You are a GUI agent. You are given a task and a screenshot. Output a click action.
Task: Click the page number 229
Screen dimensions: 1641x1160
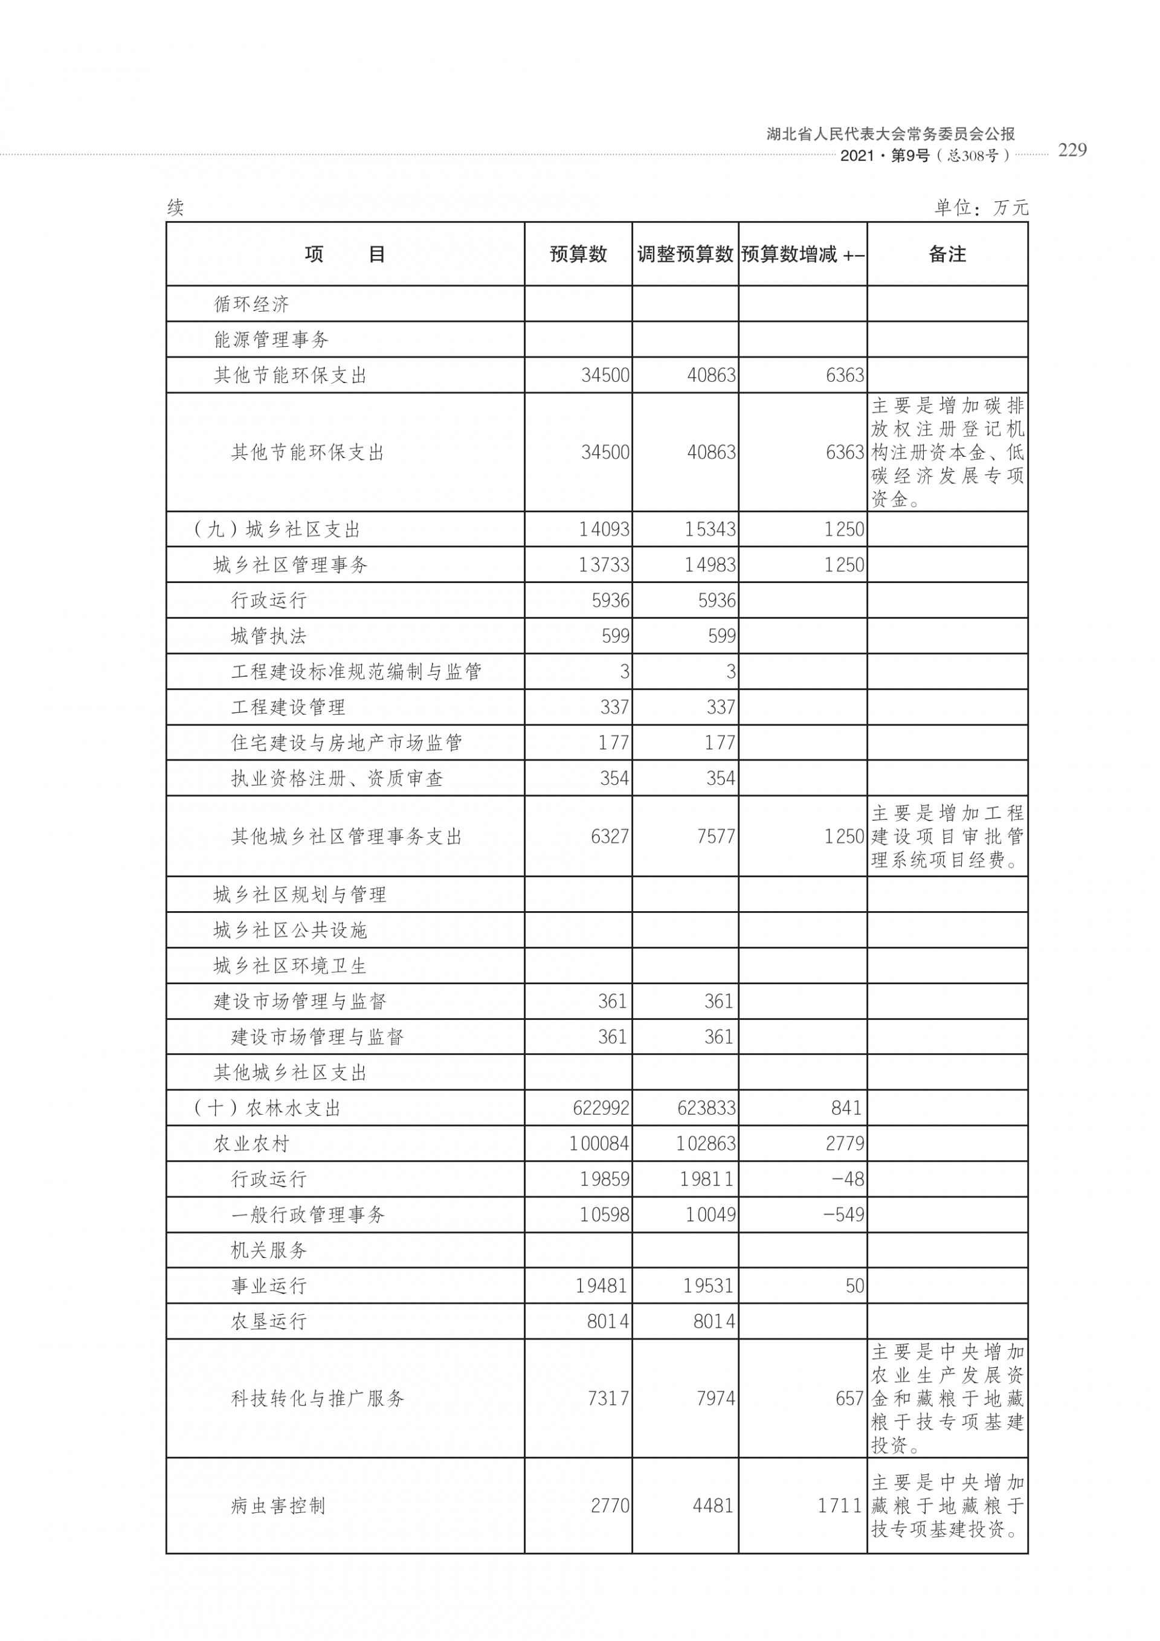[1071, 150]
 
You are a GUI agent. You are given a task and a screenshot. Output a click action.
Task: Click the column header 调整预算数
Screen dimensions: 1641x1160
[685, 254]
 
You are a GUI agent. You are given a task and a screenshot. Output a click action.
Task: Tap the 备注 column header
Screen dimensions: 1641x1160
[947, 254]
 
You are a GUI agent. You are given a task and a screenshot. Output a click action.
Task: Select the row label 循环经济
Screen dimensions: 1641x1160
[251, 305]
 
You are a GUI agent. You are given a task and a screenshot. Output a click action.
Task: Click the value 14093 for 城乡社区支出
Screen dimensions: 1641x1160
[604, 530]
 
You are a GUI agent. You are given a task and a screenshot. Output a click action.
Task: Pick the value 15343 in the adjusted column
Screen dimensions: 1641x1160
[710, 530]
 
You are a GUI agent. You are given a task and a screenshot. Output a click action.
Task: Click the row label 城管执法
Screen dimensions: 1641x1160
[268, 636]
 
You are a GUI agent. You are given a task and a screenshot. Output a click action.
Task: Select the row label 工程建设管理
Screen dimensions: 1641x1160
[288, 708]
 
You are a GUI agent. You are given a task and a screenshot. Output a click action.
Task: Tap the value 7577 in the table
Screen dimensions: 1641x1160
[715, 836]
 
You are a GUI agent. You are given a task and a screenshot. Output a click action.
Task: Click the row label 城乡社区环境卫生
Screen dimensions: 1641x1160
[289, 966]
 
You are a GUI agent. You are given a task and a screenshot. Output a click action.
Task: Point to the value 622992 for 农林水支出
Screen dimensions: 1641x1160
[601, 1109]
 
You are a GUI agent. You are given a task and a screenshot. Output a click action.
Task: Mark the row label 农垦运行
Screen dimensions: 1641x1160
[268, 1321]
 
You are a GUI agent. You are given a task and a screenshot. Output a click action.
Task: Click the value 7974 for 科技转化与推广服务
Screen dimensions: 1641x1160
[715, 1399]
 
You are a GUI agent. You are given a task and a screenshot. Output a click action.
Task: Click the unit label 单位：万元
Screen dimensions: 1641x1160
[981, 208]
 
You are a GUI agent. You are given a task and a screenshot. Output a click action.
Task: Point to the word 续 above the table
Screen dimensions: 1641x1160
[176, 208]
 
